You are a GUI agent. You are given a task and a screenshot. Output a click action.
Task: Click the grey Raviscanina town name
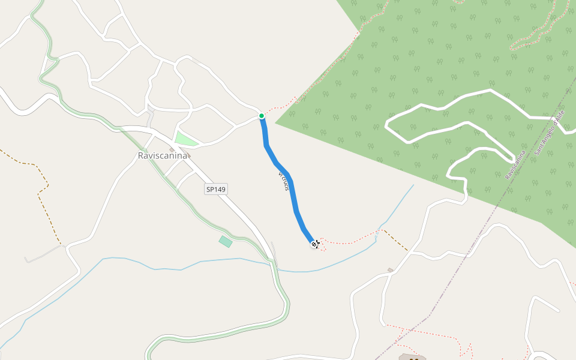click(x=163, y=155)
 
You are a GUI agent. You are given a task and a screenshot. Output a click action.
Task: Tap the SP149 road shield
click(x=216, y=189)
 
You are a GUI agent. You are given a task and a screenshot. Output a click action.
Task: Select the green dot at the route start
click(x=262, y=115)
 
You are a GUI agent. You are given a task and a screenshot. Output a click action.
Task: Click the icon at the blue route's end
click(x=315, y=244)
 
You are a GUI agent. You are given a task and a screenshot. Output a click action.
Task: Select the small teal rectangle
click(x=226, y=242)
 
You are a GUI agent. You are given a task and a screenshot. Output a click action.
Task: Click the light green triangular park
click(x=185, y=139)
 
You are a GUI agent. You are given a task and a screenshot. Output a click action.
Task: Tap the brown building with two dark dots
click(x=412, y=358)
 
